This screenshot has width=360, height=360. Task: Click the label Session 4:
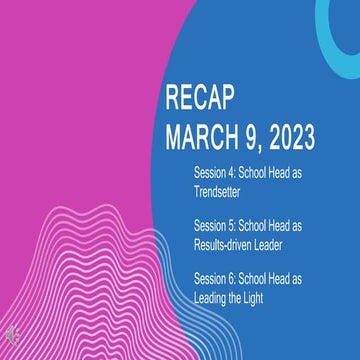point(215,172)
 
